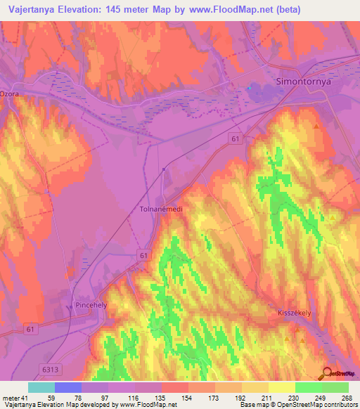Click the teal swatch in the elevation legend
41,387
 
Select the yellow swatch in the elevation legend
281,387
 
